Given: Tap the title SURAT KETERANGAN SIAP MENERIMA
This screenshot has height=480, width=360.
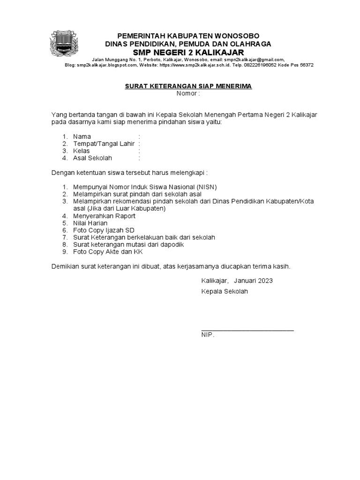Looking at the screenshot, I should [188, 86].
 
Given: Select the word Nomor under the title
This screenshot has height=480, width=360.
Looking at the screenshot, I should [187, 93].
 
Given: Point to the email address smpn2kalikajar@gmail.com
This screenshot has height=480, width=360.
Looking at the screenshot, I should [254, 60].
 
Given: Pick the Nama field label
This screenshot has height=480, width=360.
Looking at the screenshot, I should [82, 136].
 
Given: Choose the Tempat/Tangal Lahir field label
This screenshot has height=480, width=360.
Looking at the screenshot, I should [104, 144].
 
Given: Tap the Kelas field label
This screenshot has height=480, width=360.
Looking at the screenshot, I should [81, 151].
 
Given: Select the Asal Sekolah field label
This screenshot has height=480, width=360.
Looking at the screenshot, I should [93, 158].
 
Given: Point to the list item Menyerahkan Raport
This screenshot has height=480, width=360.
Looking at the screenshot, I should [104, 216].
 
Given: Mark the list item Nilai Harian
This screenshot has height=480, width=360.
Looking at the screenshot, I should [90, 223].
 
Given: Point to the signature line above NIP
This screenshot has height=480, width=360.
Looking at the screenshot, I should [247, 330].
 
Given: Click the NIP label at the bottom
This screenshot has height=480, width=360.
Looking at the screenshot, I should [207, 335].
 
